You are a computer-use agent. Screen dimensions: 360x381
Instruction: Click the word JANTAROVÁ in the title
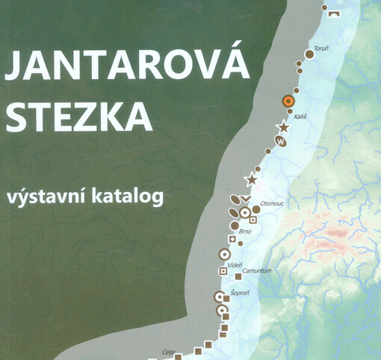(126, 69)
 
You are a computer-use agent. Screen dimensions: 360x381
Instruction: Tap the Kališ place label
(300, 117)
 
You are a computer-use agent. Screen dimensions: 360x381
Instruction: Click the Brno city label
(244, 232)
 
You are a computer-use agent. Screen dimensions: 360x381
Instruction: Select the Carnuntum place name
(257, 270)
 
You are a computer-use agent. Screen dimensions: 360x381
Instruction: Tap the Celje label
(168, 351)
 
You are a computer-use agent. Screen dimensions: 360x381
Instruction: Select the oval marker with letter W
(280, 140)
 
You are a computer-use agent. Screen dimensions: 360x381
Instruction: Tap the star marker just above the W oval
(283, 128)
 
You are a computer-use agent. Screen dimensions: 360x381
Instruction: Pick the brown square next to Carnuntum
(238, 276)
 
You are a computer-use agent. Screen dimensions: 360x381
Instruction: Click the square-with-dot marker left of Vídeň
(222, 267)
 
